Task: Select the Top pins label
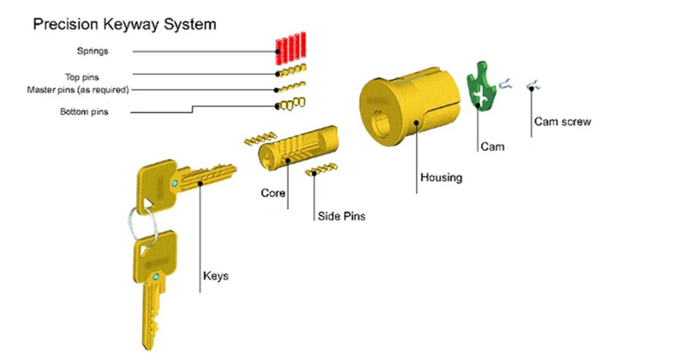(x=83, y=76)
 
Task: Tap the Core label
(x=273, y=194)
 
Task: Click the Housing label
(x=441, y=177)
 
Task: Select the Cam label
(x=491, y=147)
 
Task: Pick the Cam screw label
(x=563, y=122)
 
